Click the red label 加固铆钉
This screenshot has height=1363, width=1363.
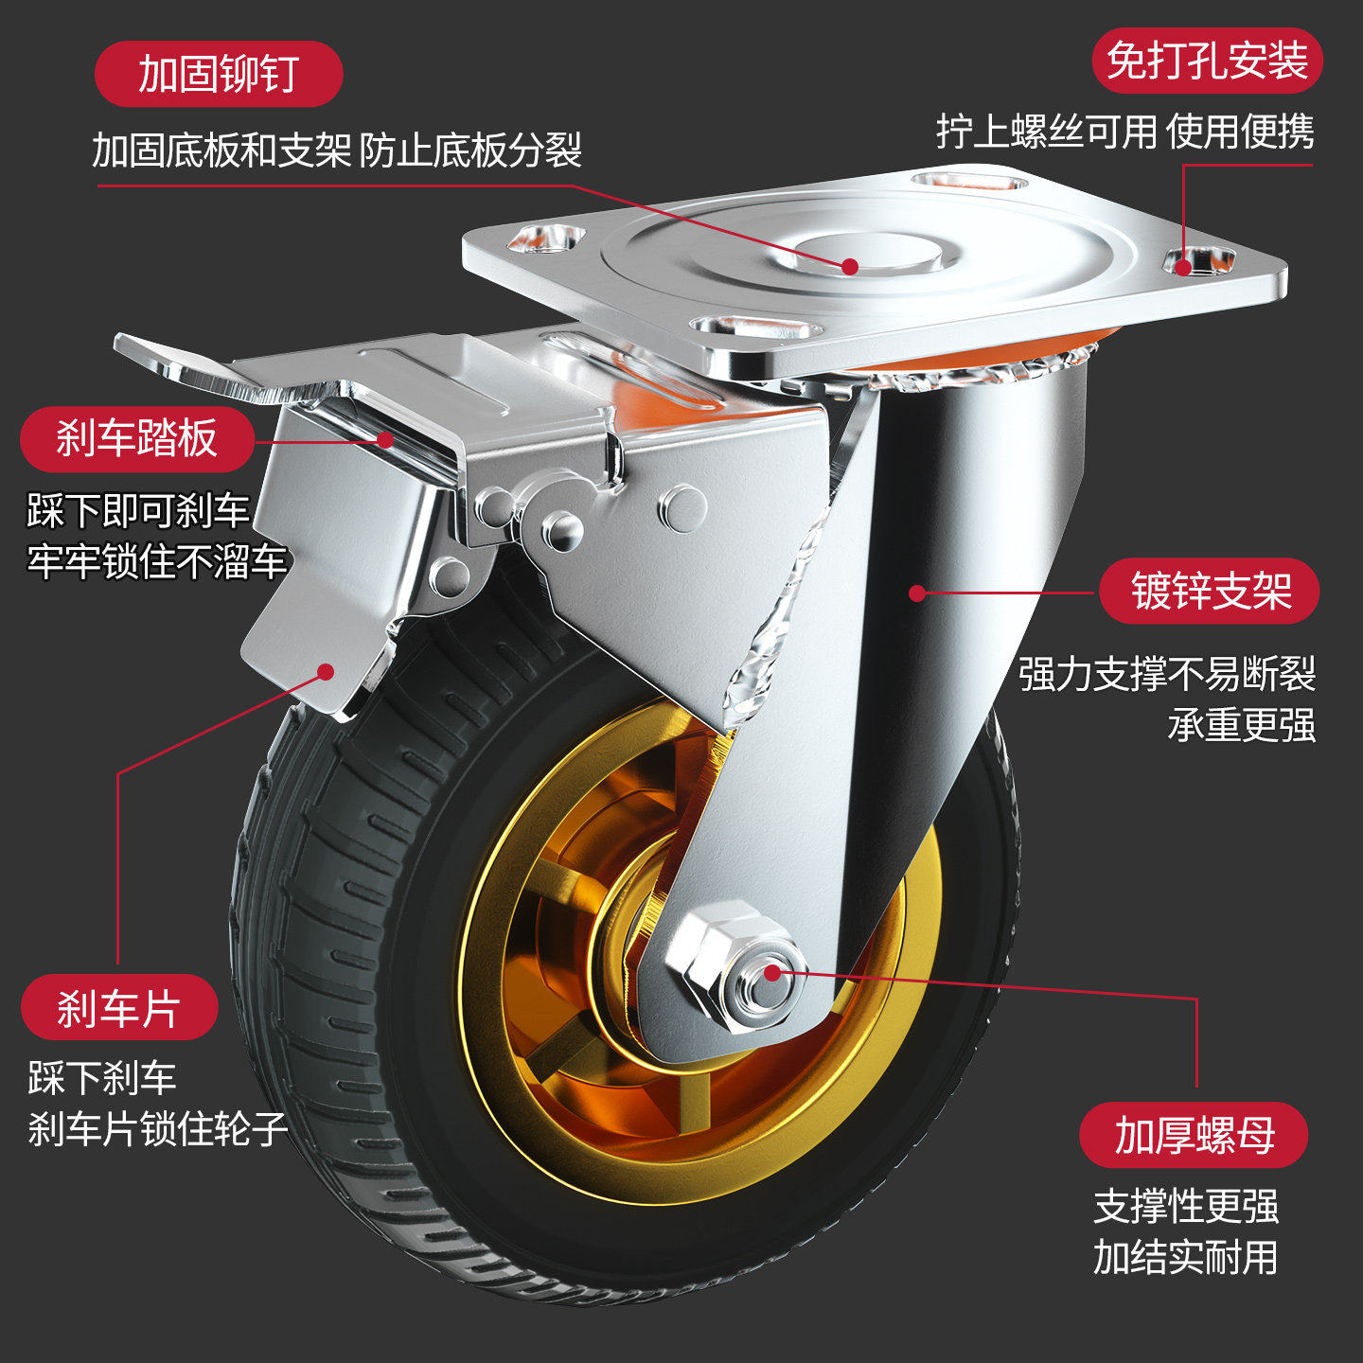tap(219, 74)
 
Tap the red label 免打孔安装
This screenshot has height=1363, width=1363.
tap(1207, 61)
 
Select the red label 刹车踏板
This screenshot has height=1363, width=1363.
tap(137, 438)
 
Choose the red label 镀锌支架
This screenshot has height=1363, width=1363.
tap(1210, 592)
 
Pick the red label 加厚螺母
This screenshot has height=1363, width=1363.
tap(1194, 1134)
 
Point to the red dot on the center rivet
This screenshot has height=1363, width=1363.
tap(850, 267)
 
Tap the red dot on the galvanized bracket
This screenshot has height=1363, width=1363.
tap(916, 593)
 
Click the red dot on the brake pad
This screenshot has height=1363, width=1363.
tap(326, 672)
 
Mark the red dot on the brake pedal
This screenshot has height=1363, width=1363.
tap(385, 438)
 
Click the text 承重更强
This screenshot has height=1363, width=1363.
tap(1241, 725)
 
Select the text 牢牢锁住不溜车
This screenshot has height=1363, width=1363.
tap(156, 561)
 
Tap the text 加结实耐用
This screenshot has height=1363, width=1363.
tap(1185, 1257)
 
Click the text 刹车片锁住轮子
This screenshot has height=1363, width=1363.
tap(157, 1128)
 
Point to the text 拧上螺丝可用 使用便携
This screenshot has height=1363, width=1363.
tap(1124, 131)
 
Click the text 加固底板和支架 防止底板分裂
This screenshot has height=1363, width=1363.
tap(337, 150)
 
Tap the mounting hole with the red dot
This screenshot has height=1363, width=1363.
tap(1198, 260)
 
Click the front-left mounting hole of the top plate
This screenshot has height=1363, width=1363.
tap(754, 329)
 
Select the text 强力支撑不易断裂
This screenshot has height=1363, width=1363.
tap(1167, 674)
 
